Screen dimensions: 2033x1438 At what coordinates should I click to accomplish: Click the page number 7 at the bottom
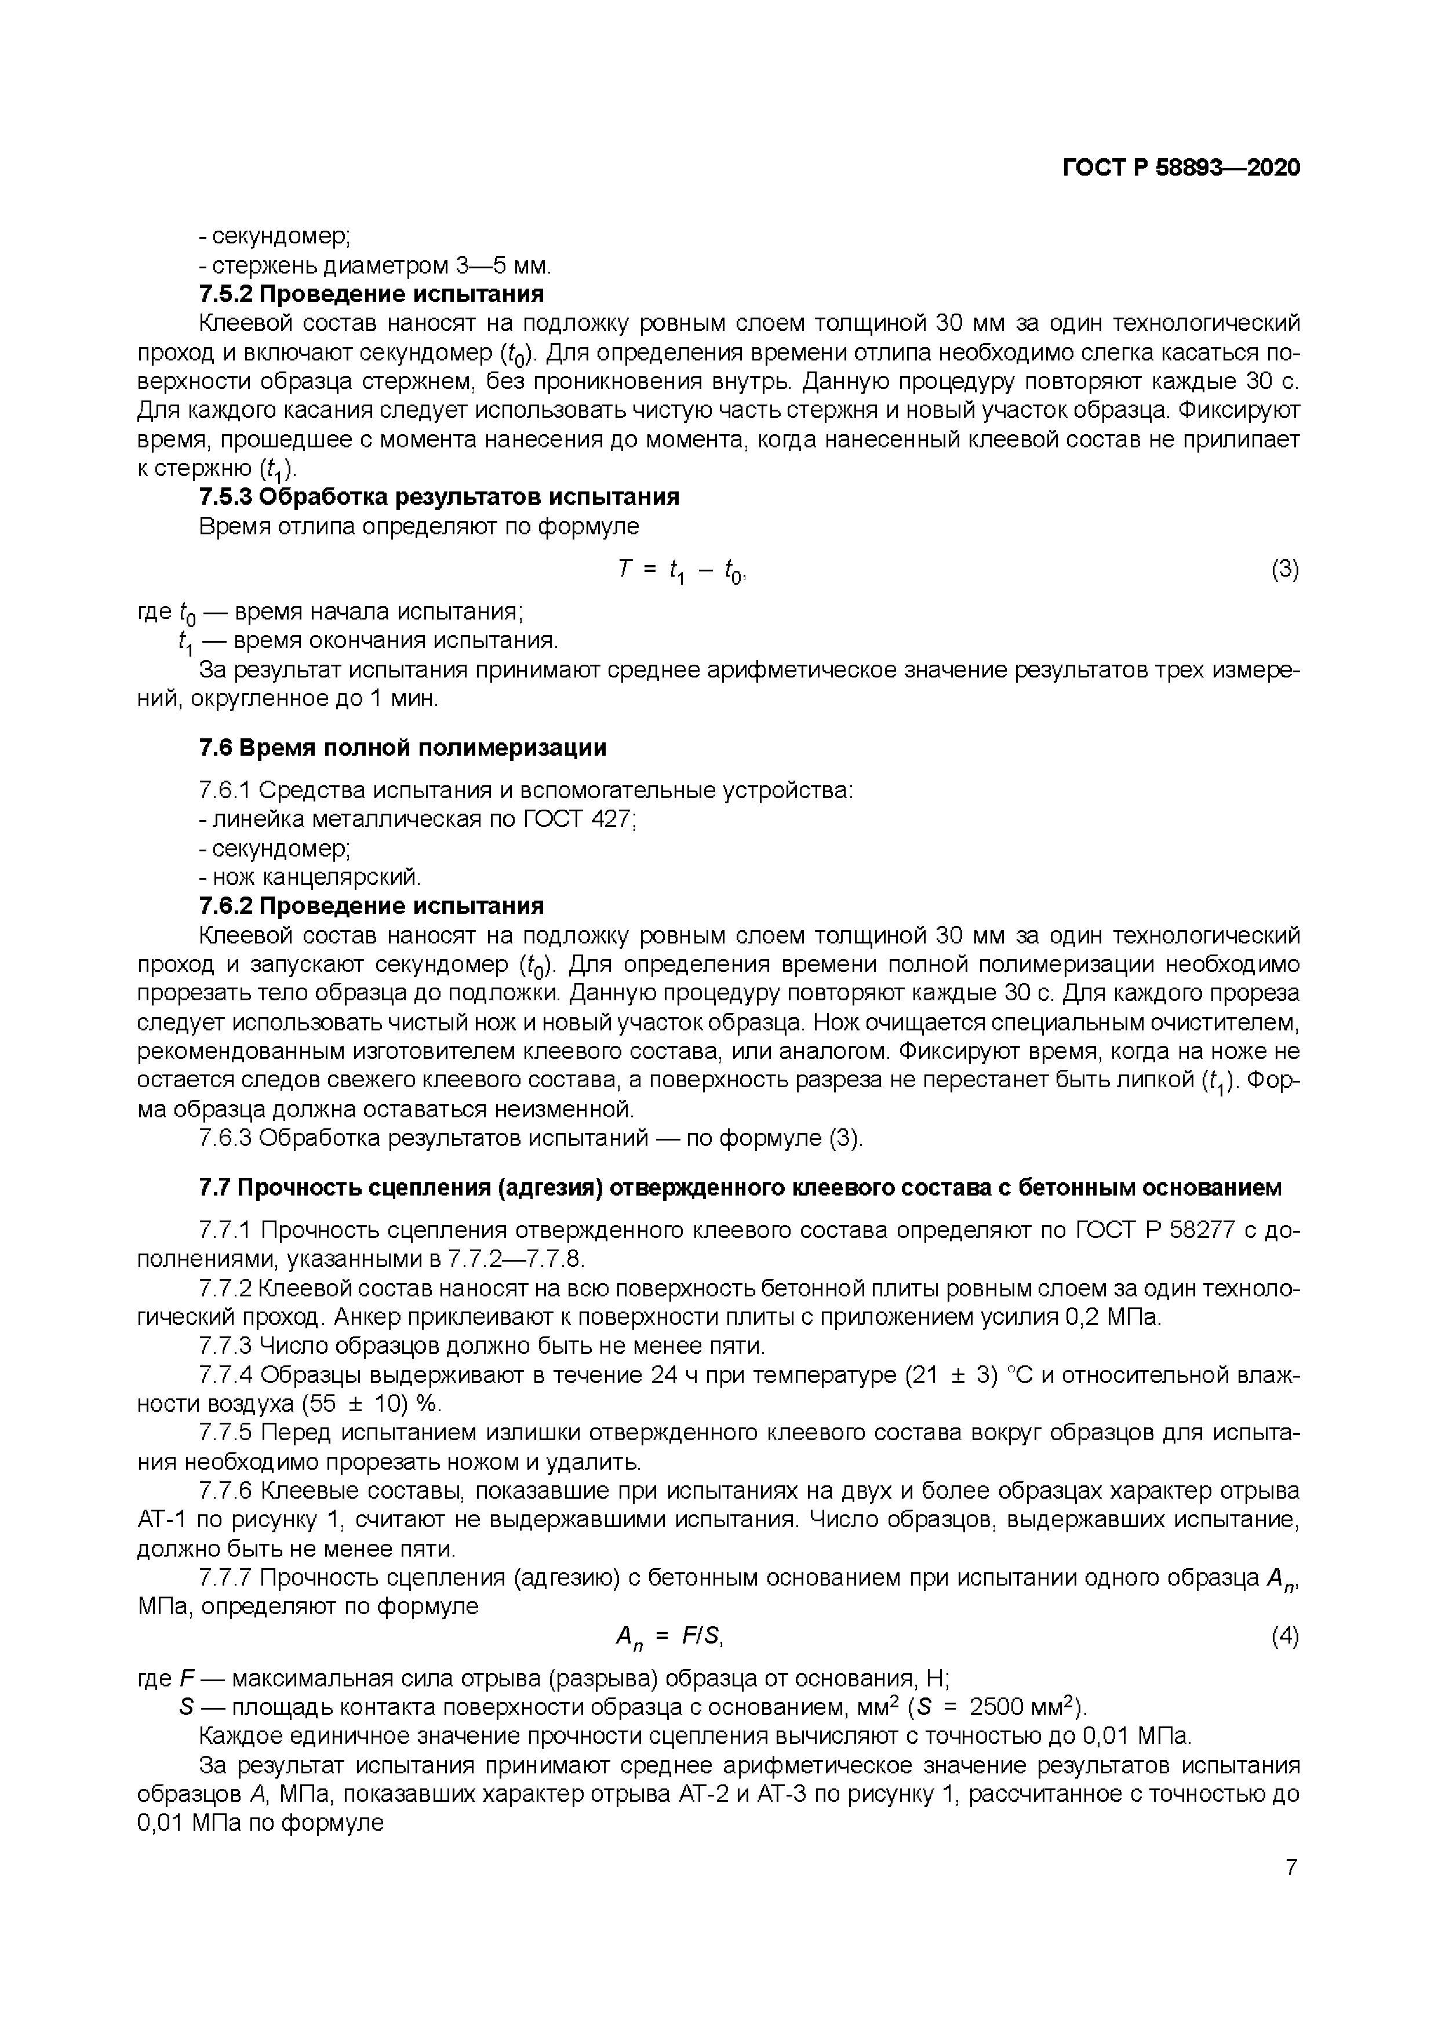click(1291, 1867)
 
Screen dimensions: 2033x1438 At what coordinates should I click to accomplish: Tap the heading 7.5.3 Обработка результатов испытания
click(439, 497)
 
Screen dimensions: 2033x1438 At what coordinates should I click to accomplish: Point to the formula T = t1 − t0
click(683, 572)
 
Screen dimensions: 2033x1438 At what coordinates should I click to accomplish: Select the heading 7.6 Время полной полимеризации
click(403, 748)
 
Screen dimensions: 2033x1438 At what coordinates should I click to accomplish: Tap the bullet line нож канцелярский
click(310, 877)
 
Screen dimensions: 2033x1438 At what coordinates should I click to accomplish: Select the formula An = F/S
click(670, 1637)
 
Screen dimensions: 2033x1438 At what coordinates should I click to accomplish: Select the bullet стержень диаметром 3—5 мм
click(376, 265)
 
